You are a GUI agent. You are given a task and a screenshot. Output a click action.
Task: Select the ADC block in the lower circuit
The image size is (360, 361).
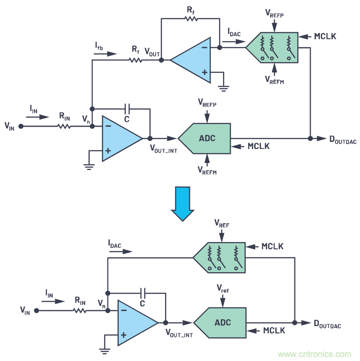[221, 323]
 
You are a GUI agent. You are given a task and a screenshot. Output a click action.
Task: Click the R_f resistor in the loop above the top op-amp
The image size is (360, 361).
[191, 19]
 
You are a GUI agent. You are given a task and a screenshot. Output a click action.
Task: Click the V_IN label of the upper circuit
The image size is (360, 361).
[10, 127]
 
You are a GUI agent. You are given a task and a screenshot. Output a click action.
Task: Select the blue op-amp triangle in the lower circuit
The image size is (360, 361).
[135, 323]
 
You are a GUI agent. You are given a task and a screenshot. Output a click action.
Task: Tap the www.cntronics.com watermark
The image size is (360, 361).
[314, 354]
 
